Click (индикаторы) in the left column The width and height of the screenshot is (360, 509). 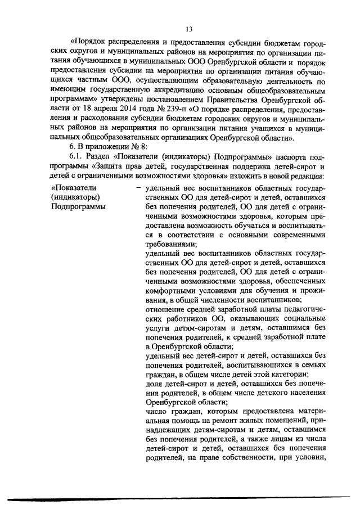point(75,197)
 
